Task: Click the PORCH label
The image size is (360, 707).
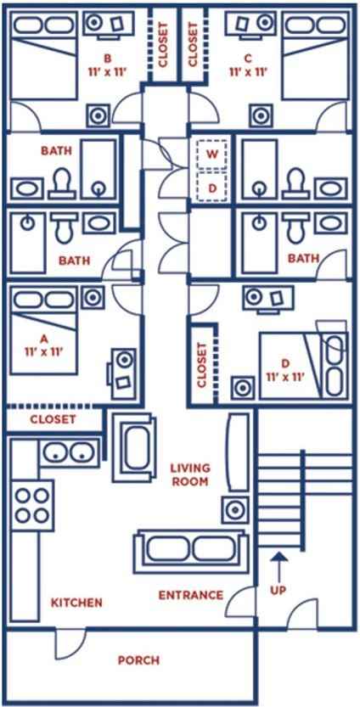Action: pos(138,660)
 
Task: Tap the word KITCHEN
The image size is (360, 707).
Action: pos(76,603)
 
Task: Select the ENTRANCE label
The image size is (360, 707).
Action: pos(191,595)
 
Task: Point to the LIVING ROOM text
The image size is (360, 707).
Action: pos(191,474)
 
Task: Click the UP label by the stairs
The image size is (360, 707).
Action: pos(279,590)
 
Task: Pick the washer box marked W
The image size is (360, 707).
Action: pos(211,154)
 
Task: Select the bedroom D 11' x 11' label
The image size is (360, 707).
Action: pos(285,369)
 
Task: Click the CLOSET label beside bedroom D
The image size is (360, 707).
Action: pos(202,365)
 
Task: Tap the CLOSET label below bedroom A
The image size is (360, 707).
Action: pos(53,419)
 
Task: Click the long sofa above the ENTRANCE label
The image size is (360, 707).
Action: pos(191,552)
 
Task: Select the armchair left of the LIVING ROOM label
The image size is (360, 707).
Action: pos(134,448)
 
